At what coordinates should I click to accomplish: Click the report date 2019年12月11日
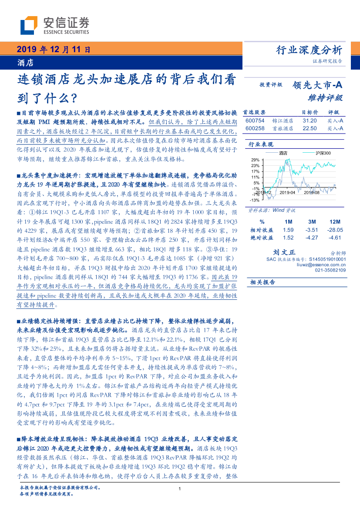(x=55, y=50)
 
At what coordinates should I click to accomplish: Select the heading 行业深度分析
(x=309, y=50)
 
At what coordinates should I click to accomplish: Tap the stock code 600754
(x=255, y=121)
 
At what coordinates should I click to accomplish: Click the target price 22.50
(x=310, y=128)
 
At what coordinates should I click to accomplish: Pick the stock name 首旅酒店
(x=283, y=128)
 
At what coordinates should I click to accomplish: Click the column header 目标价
(x=310, y=112)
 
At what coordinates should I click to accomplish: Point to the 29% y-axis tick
(x=256, y=160)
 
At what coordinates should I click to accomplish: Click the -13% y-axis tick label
(x=255, y=200)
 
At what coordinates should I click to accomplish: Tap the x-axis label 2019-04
(x=287, y=192)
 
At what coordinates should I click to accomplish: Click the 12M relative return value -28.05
(x=335, y=230)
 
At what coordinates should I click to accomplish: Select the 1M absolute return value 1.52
(x=288, y=238)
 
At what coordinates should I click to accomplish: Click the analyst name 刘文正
(x=284, y=252)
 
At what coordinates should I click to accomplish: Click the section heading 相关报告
(x=262, y=282)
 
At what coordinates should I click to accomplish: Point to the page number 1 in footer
(x=180, y=490)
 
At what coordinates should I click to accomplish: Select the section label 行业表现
(x=261, y=144)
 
